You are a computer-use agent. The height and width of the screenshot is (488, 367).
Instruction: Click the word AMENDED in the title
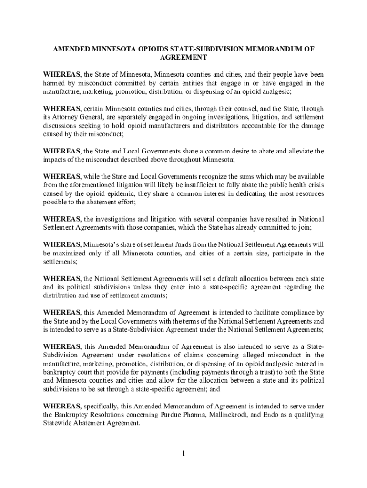coord(71,49)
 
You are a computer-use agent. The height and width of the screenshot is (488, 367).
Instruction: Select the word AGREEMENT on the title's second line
coord(183,57)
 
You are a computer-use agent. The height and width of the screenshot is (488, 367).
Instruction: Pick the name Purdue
coord(165,415)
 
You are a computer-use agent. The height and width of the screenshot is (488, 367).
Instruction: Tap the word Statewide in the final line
coord(59,423)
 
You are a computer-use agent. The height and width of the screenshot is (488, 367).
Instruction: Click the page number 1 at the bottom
coord(183,453)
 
